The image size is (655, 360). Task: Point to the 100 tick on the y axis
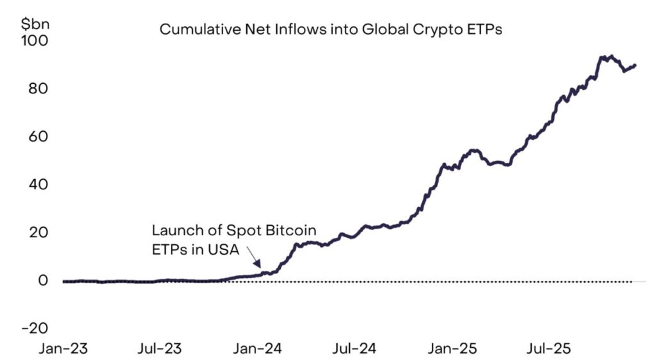click(x=34, y=40)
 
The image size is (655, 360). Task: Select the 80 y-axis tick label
click(x=38, y=88)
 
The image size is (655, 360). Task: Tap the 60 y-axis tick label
click(x=38, y=136)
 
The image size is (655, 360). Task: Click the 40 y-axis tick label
click(x=38, y=184)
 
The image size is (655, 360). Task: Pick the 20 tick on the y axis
click(x=38, y=232)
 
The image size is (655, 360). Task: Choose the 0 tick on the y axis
click(x=43, y=280)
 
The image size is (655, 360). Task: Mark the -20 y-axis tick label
click(x=35, y=328)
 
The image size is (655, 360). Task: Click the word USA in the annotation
click(x=221, y=249)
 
